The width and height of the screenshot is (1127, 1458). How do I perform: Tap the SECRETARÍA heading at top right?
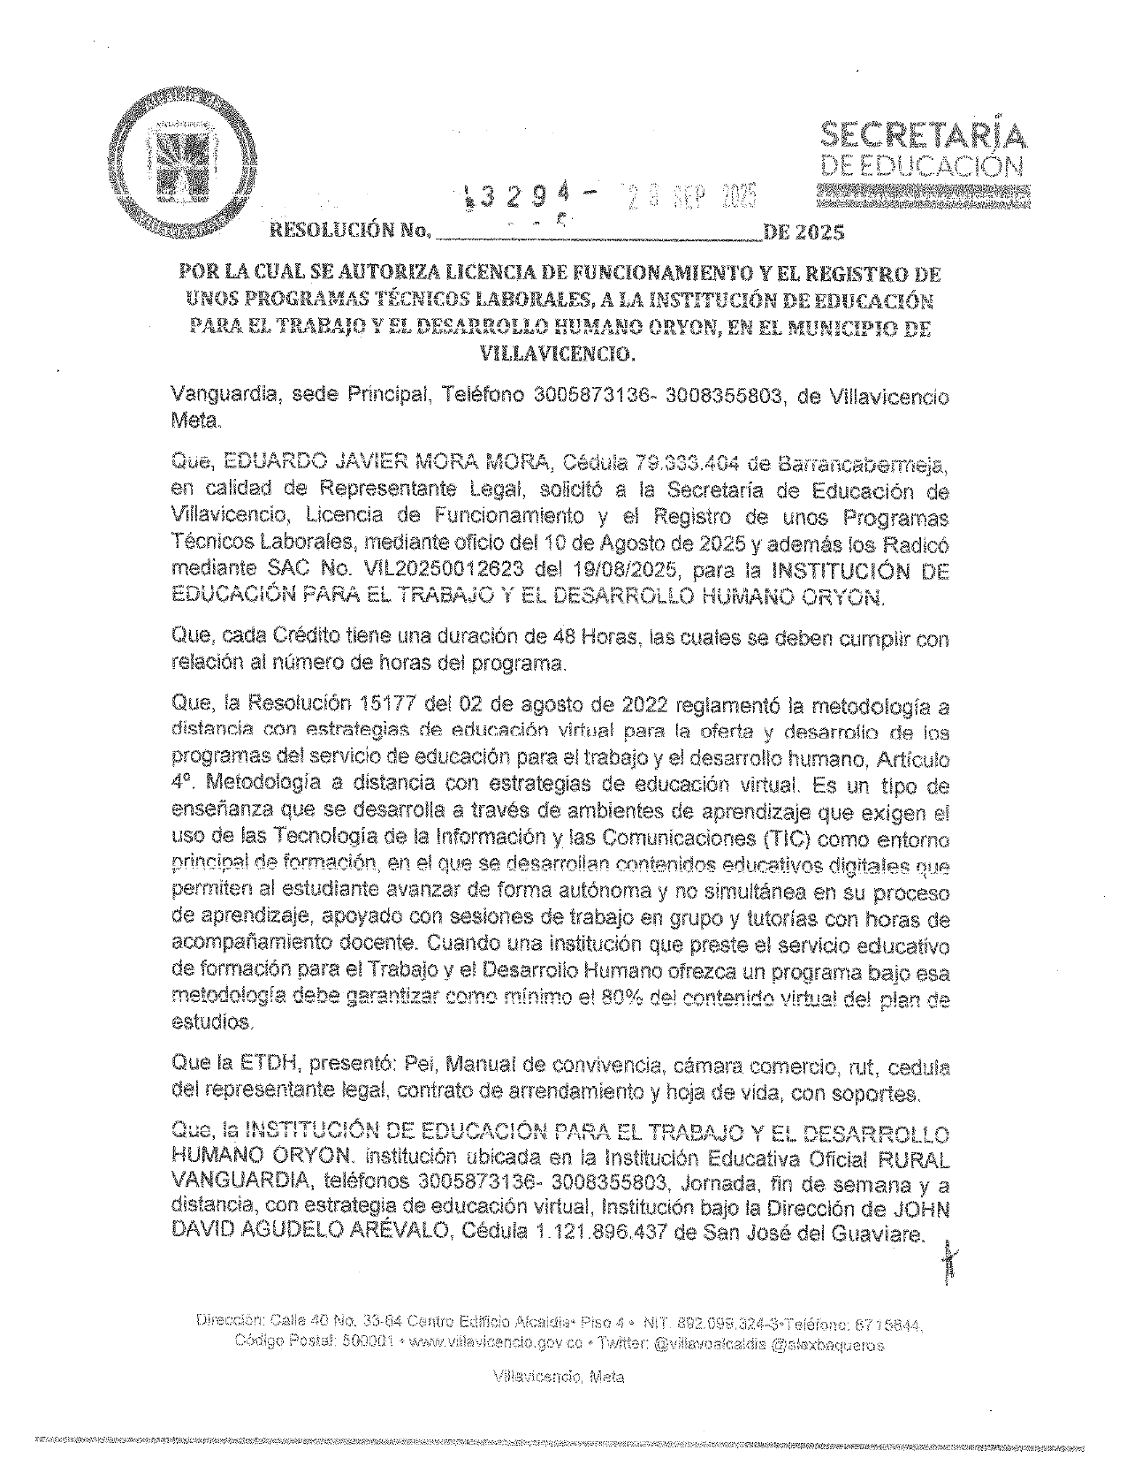click(925, 134)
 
